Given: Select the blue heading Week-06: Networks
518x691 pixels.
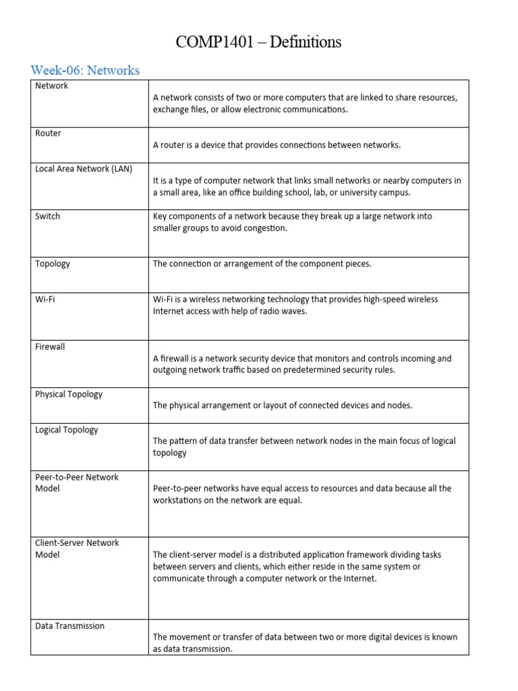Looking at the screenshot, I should [x=85, y=70].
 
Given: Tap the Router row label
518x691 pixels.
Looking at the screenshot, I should [x=48, y=133].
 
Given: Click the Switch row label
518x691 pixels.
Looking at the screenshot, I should [x=47, y=216].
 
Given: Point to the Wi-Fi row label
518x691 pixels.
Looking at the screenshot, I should [x=45, y=299].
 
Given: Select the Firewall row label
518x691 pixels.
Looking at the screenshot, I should [x=50, y=346].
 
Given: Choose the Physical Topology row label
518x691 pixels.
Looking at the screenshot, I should [x=69, y=394].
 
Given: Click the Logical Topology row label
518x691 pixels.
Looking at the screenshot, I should [x=66, y=429].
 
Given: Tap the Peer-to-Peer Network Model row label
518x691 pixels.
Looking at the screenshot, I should [x=76, y=482].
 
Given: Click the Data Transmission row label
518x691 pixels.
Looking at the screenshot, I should [x=69, y=626].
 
